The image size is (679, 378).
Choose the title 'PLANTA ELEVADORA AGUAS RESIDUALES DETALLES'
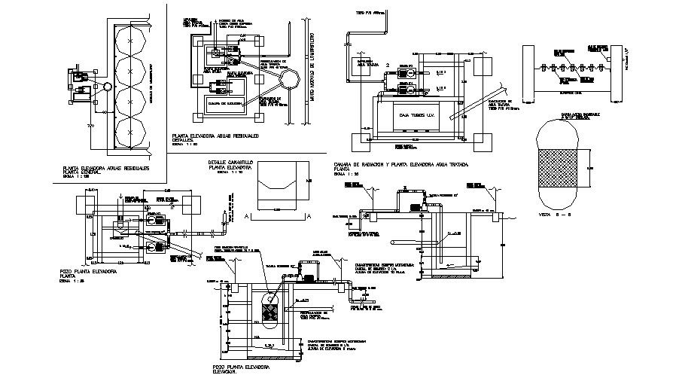click(215, 136)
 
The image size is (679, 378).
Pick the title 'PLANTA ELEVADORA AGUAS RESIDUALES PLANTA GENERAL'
click(106, 170)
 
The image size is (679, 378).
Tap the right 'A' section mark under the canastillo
click(309, 215)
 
